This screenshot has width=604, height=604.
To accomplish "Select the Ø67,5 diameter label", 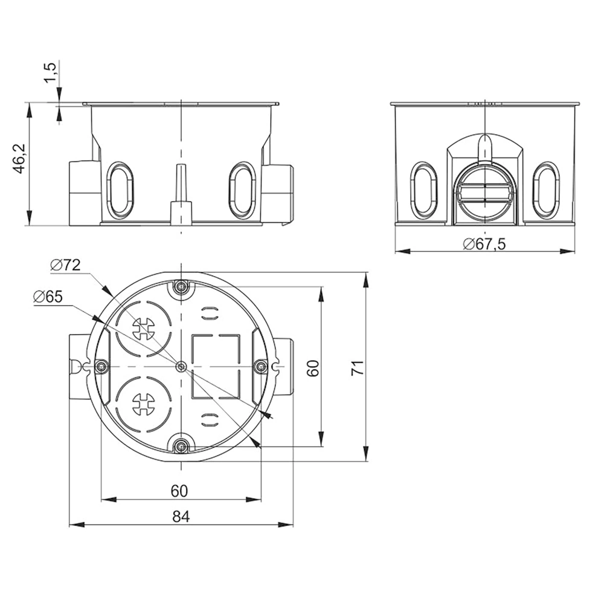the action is point(484,244).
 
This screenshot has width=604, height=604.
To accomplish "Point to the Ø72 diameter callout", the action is point(65,265).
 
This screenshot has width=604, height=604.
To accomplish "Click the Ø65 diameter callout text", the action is point(48,297).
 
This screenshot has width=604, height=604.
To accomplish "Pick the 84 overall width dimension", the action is point(181,516).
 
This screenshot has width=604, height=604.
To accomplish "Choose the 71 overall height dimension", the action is point(358,367).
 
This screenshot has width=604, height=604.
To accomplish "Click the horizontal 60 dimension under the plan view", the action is point(179,491).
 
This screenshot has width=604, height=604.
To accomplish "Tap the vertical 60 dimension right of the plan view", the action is point(313,368).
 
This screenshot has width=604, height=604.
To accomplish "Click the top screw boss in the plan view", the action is point(181,286).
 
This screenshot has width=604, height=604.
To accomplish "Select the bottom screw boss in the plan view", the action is point(181,447).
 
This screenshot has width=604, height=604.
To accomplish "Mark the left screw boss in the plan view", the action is point(101,367).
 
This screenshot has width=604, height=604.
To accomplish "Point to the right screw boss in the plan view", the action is point(261,367).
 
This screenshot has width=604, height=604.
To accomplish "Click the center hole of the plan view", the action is point(181,367).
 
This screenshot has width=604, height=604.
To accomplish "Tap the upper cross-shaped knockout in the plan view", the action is point(143,329).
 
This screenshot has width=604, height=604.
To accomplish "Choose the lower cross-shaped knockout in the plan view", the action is point(143,403).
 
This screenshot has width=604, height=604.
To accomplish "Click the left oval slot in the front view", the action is point(120,190).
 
